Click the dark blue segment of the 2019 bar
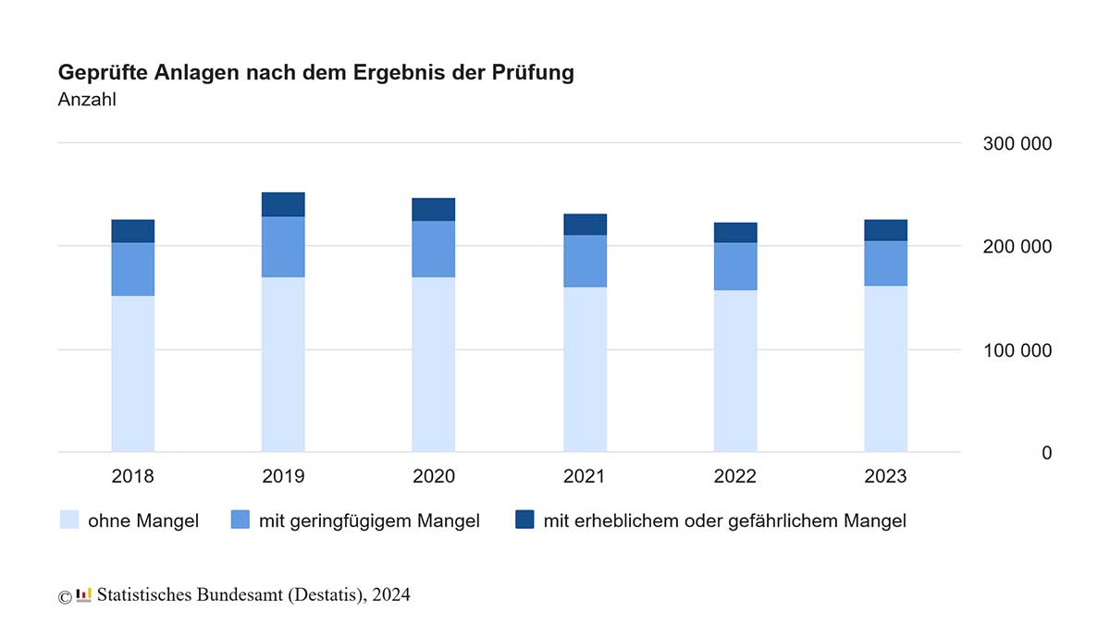click(x=283, y=204)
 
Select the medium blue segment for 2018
click(x=133, y=269)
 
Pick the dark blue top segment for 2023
click(x=885, y=230)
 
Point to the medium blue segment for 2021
click(x=585, y=261)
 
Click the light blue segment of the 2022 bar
click(x=735, y=371)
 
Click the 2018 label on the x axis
click(x=133, y=477)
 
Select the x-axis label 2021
click(x=585, y=477)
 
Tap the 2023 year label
click(x=885, y=477)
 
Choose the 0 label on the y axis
click(x=1046, y=453)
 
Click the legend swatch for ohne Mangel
click(x=69, y=520)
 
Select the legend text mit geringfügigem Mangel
click(x=369, y=521)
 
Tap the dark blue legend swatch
click(x=524, y=520)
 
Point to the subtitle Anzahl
click(x=87, y=100)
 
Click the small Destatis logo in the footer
click(x=84, y=594)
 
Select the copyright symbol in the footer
click(x=65, y=596)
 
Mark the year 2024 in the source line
click(x=392, y=594)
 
